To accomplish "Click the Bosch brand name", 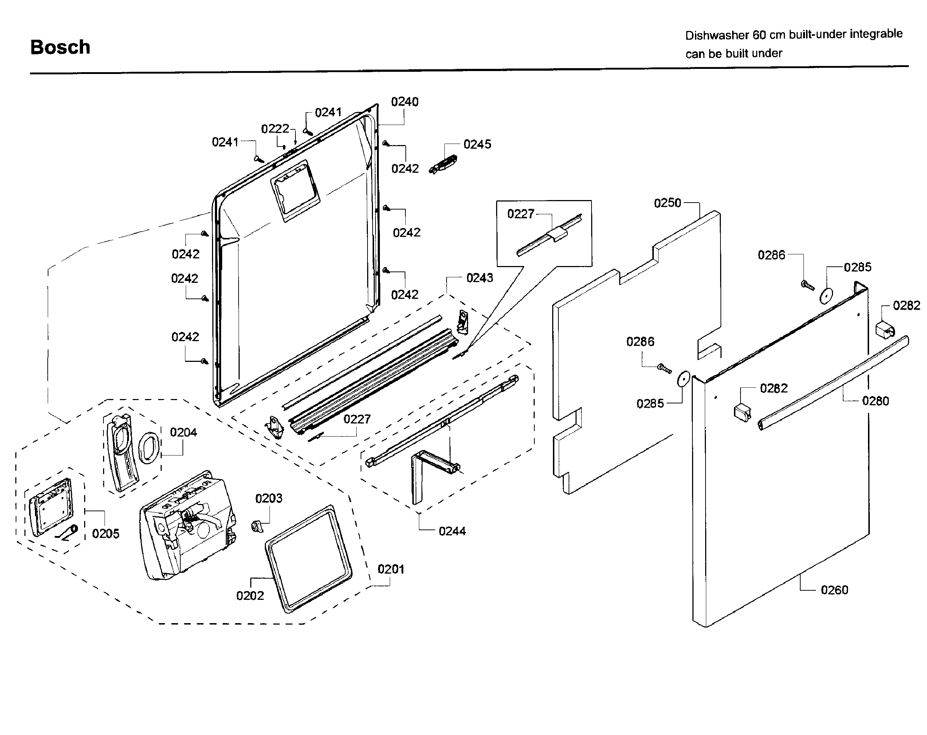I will click(60, 47).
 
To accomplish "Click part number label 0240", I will click(404, 102).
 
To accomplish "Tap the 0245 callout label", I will click(477, 145).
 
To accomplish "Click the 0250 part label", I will click(667, 203).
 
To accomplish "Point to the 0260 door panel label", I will click(834, 590).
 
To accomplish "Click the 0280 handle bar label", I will click(875, 401).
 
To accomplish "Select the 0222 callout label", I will click(275, 129).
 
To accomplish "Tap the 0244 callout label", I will click(452, 531).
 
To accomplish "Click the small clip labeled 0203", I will click(256, 525).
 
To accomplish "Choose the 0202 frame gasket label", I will click(250, 596).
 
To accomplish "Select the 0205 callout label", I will click(105, 534).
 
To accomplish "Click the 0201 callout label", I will click(390, 570).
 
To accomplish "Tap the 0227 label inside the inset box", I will click(520, 214).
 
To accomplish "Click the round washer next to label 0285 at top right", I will click(826, 296).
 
